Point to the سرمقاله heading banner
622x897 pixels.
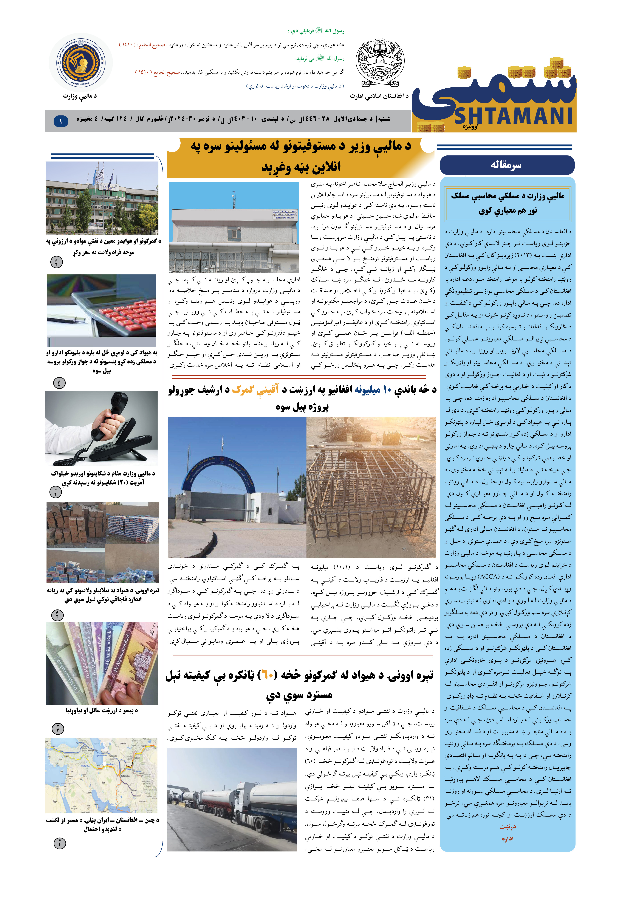point(507,165)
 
